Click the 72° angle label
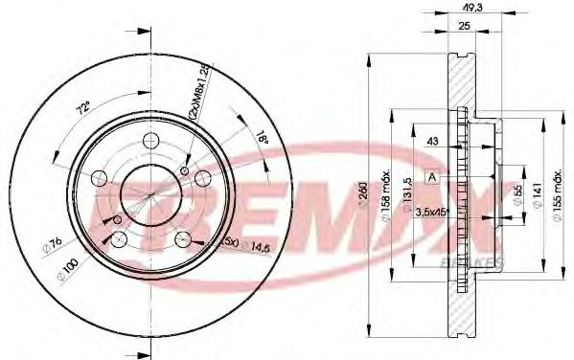coord(83,107)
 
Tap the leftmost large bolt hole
coord(100,177)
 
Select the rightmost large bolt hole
coord(202,177)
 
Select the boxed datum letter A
coord(432,177)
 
